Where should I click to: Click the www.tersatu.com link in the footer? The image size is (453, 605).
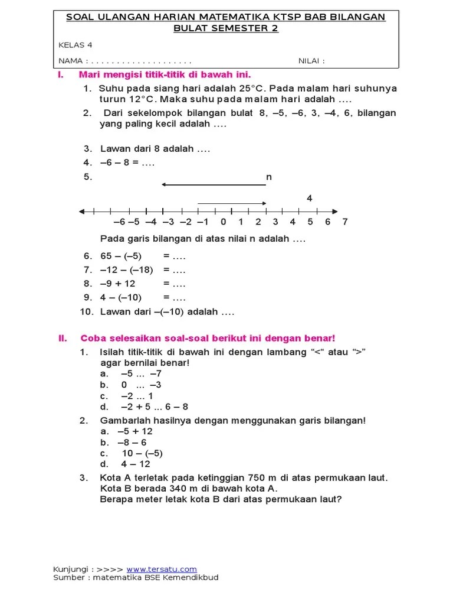tap(162, 569)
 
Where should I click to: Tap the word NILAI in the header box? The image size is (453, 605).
tap(311, 61)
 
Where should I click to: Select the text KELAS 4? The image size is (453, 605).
tap(75, 45)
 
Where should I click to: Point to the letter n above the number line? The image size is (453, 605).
tap(269, 177)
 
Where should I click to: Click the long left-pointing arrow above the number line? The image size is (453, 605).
tap(214, 186)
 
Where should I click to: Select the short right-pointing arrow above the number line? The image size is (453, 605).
tap(232, 203)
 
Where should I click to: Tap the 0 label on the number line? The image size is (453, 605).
tap(223, 222)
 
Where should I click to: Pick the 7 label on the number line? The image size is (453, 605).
tap(345, 222)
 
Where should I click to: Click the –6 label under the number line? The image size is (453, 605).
tap(119, 222)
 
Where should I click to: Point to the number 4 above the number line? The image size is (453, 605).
tap(309, 199)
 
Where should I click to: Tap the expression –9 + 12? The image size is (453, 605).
tap(118, 284)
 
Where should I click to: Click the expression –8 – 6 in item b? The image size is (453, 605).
tap(132, 442)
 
